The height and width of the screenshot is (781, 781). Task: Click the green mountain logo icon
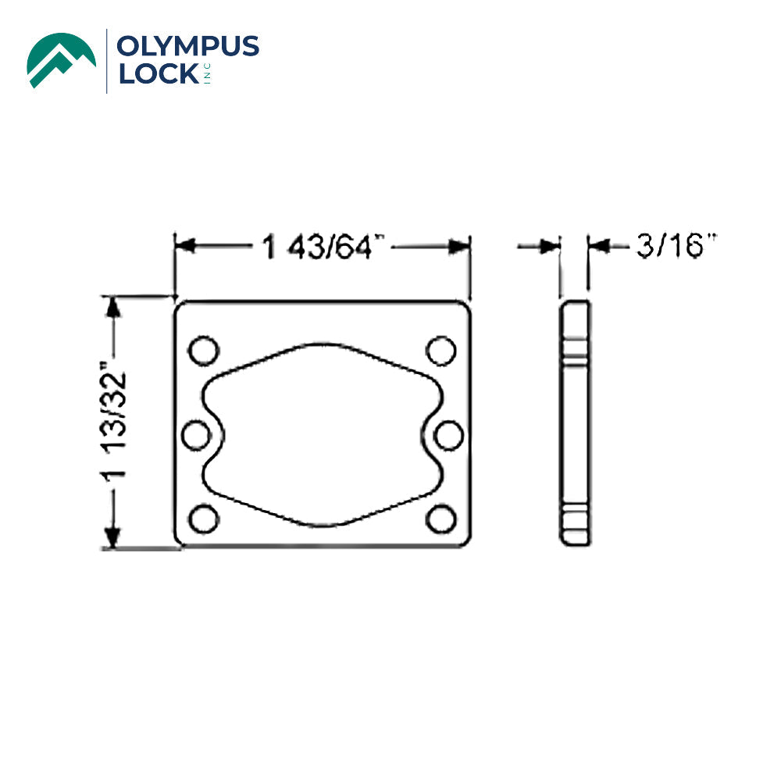pyautogui.click(x=62, y=60)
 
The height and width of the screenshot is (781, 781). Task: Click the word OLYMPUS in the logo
pyautogui.click(x=187, y=47)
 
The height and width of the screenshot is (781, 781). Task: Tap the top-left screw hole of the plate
pyautogui.click(x=204, y=350)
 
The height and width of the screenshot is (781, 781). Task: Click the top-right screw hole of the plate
pyautogui.click(x=441, y=350)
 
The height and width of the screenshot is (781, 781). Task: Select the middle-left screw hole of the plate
pyautogui.click(x=196, y=435)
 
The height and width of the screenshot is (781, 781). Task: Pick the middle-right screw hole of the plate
pyautogui.click(x=449, y=435)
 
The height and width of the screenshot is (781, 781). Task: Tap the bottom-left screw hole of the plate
pyautogui.click(x=204, y=519)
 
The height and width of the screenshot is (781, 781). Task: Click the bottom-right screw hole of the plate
pyautogui.click(x=441, y=519)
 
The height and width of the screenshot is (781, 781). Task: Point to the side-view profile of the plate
pyautogui.click(x=576, y=423)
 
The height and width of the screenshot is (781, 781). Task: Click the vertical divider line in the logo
pyautogui.click(x=107, y=61)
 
